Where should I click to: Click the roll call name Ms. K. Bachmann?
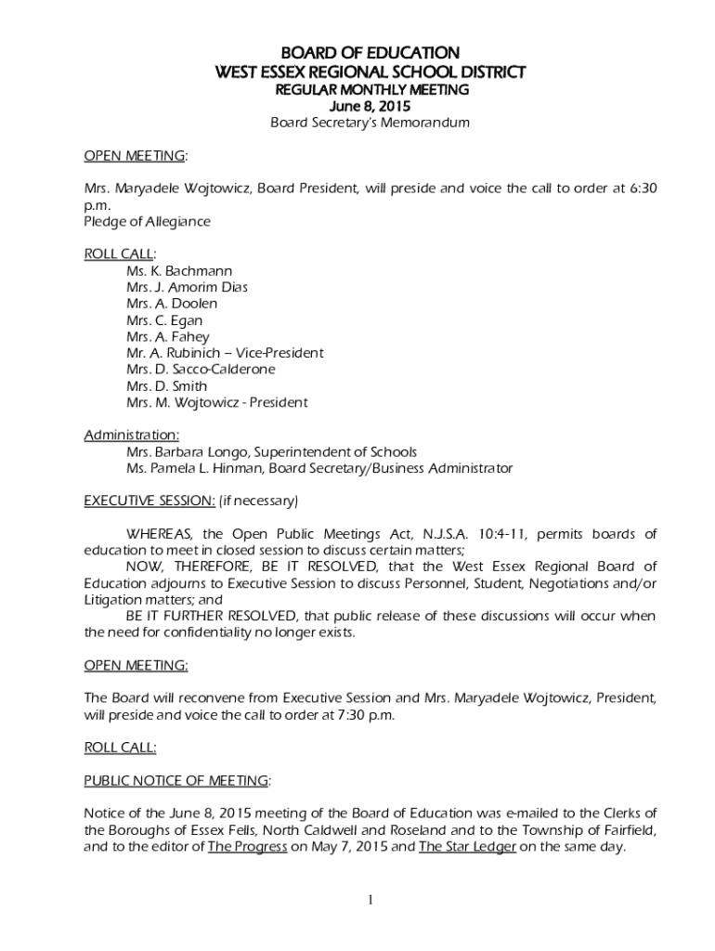click(x=179, y=271)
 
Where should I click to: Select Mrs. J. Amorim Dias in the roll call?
click(x=187, y=288)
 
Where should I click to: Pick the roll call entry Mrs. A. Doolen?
click(x=172, y=304)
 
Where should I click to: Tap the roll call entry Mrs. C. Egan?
click(x=164, y=320)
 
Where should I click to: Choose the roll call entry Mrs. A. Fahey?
click(x=168, y=337)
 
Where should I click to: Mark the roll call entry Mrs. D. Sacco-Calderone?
click(x=201, y=370)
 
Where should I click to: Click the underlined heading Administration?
click(x=132, y=436)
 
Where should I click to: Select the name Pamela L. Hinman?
click(x=196, y=469)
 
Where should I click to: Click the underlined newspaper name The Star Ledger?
click(x=467, y=846)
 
